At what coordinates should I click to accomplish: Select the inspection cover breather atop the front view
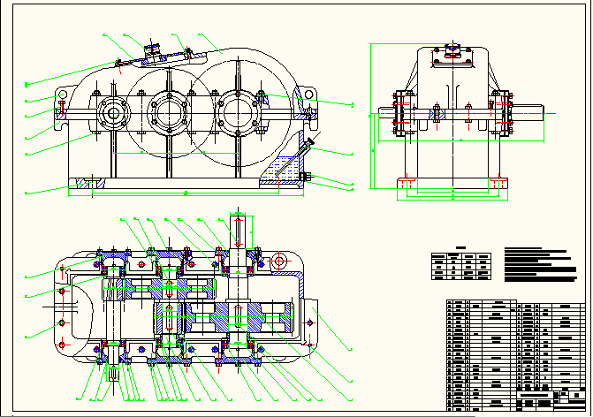[x=150, y=50]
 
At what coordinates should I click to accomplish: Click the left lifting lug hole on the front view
[x=64, y=94]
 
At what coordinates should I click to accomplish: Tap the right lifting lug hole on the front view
[x=308, y=94]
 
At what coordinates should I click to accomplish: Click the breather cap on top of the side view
[x=452, y=51]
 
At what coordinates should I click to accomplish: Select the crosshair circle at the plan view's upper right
[x=278, y=262]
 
